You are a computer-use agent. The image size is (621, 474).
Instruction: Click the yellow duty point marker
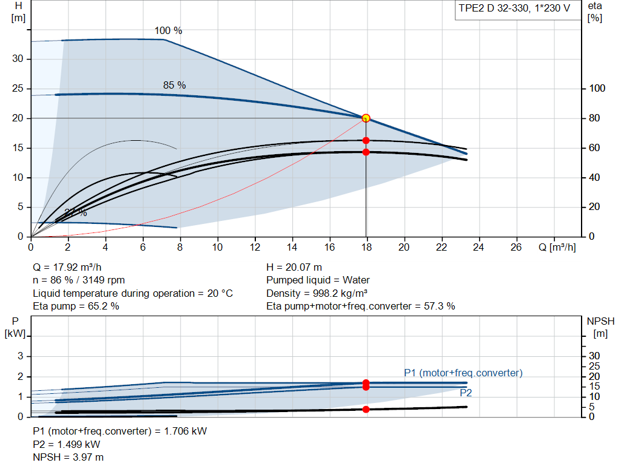coord(366,118)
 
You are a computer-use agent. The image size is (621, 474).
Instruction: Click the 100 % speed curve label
coord(169,30)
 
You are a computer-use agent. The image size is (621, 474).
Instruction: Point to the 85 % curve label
coord(174,85)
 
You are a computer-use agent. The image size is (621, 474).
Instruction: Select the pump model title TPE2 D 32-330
coord(494,8)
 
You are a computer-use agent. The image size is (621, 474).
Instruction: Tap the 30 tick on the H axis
coord(18,59)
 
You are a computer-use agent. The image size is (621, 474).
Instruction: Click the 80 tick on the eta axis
coord(594,118)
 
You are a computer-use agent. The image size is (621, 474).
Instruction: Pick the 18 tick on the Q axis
coord(367,247)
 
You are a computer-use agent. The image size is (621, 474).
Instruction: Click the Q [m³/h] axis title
coord(557,247)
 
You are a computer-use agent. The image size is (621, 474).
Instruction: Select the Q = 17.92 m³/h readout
coord(67,267)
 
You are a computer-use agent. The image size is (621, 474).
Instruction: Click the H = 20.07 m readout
coord(294,267)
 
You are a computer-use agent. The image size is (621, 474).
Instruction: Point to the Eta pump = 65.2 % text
coord(76,306)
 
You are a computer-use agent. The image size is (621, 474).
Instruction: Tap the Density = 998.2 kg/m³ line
coord(317,293)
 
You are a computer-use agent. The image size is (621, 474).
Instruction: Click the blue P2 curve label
coord(466,393)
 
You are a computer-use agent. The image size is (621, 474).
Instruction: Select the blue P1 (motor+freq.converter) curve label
coord(463,373)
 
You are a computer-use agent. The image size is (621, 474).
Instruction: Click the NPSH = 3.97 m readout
coord(68,458)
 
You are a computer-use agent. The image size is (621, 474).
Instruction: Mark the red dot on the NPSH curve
coord(366,410)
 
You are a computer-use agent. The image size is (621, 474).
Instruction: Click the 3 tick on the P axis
coord(21,356)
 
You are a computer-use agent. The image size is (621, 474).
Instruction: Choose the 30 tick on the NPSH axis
coord(594,356)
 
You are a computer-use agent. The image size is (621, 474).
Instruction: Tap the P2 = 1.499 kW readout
coord(67,444)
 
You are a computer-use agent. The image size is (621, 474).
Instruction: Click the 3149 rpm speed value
coord(104,280)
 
